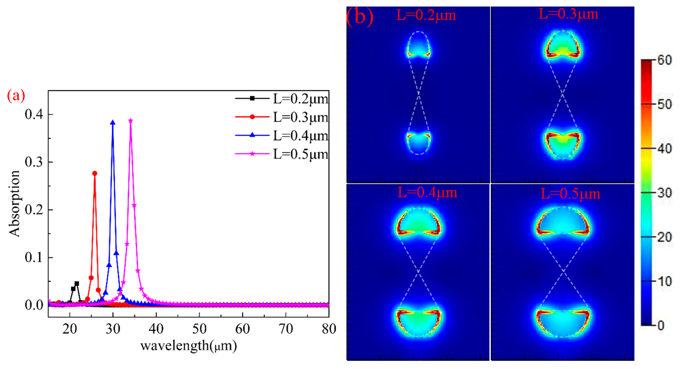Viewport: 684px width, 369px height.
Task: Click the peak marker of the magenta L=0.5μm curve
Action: tap(130, 121)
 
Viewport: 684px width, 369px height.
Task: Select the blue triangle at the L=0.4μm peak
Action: tap(113, 123)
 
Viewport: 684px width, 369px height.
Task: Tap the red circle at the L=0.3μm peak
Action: tap(95, 173)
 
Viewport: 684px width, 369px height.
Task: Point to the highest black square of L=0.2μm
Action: tap(77, 284)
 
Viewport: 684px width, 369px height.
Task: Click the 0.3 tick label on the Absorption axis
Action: tap(34, 162)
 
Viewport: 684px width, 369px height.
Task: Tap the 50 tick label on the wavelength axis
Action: tap(199, 329)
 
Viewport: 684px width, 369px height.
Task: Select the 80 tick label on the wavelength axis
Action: tap(329, 329)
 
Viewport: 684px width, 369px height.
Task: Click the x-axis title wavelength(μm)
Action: tap(189, 346)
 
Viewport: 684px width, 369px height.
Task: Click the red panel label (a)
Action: tap(16, 96)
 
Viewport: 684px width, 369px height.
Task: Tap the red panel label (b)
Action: tap(360, 17)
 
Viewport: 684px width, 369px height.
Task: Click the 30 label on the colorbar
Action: tap(665, 193)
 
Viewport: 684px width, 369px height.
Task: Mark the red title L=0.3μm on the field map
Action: tap(568, 14)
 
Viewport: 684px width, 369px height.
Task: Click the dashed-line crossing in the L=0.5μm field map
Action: tap(563, 271)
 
